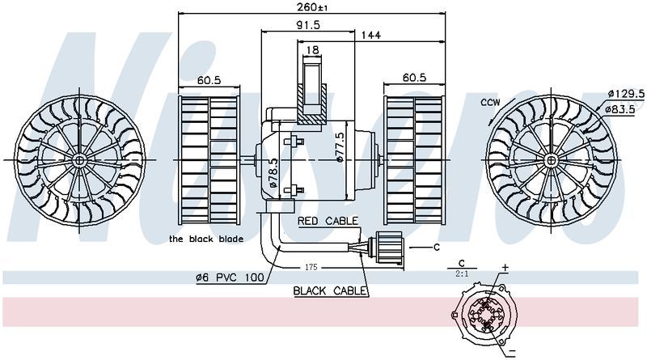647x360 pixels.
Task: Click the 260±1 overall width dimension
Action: tap(311, 7)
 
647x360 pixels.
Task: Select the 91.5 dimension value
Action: tap(307, 25)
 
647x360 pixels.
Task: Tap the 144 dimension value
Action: tap(371, 35)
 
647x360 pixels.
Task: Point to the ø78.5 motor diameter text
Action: tap(273, 174)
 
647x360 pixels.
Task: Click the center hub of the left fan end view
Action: tap(80, 160)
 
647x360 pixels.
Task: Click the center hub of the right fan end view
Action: tap(552, 158)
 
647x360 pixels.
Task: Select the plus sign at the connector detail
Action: tap(505, 266)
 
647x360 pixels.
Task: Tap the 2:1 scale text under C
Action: tap(463, 273)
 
